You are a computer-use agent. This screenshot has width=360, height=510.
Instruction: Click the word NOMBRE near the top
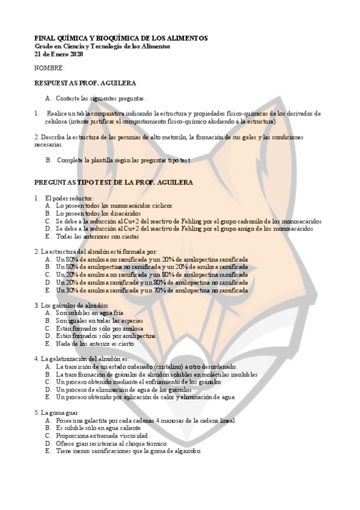[49, 69]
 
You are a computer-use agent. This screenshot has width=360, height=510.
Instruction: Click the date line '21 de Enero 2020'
[59, 54]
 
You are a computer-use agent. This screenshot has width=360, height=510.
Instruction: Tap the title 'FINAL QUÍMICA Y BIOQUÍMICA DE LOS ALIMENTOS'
[121, 38]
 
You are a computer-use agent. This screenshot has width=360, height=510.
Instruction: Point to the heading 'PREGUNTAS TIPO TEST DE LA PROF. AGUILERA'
[114, 182]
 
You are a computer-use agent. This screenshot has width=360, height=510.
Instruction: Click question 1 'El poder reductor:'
[64, 198]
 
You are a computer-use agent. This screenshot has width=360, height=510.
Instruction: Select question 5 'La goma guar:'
[59, 413]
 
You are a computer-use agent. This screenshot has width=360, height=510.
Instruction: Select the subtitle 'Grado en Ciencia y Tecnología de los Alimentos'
[102, 46]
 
